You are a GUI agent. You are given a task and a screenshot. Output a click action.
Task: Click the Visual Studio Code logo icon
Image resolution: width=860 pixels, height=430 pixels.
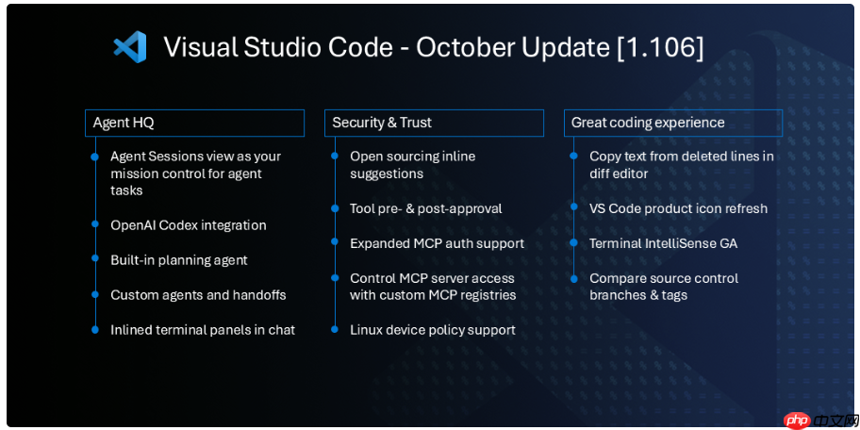tap(130, 47)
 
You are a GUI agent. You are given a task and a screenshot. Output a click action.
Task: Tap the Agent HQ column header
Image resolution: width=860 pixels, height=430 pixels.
tap(194, 123)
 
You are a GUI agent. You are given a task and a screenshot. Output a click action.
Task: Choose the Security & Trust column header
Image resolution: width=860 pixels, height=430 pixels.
tap(434, 123)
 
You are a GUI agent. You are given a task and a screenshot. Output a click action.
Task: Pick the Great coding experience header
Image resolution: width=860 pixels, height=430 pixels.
tap(673, 123)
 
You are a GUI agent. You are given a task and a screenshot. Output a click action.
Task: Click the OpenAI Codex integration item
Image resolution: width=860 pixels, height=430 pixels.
tap(188, 225)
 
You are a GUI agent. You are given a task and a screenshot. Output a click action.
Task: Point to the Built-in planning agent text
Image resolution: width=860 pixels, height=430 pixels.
tap(178, 260)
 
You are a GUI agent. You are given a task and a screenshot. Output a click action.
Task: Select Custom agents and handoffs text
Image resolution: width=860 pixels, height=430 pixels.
tap(198, 295)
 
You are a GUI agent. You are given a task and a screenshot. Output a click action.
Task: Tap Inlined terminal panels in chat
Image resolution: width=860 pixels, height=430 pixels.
tap(203, 330)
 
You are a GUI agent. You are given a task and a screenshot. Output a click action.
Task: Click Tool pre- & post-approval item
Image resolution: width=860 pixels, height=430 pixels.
tap(425, 208)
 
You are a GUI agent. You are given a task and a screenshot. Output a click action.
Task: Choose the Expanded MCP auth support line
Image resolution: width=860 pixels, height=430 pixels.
tap(437, 243)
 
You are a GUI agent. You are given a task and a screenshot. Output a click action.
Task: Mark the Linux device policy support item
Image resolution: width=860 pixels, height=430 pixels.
tap(432, 330)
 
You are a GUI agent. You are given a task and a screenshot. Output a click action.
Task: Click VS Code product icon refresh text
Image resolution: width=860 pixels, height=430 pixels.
tap(678, 208)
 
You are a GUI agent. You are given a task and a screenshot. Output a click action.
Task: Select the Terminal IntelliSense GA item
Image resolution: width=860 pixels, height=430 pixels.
tap(663, 243)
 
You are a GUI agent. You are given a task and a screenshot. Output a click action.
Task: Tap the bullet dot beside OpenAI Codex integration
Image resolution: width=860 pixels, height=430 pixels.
tap(94, 224)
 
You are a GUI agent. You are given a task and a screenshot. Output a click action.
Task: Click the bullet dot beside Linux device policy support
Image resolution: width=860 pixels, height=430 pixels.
tap(334, 329)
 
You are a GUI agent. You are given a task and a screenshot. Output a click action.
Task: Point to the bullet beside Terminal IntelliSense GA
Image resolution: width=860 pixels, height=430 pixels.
tap(573, 242)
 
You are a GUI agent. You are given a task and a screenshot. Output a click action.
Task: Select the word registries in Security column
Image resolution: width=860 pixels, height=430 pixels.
tap(488, 295)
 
